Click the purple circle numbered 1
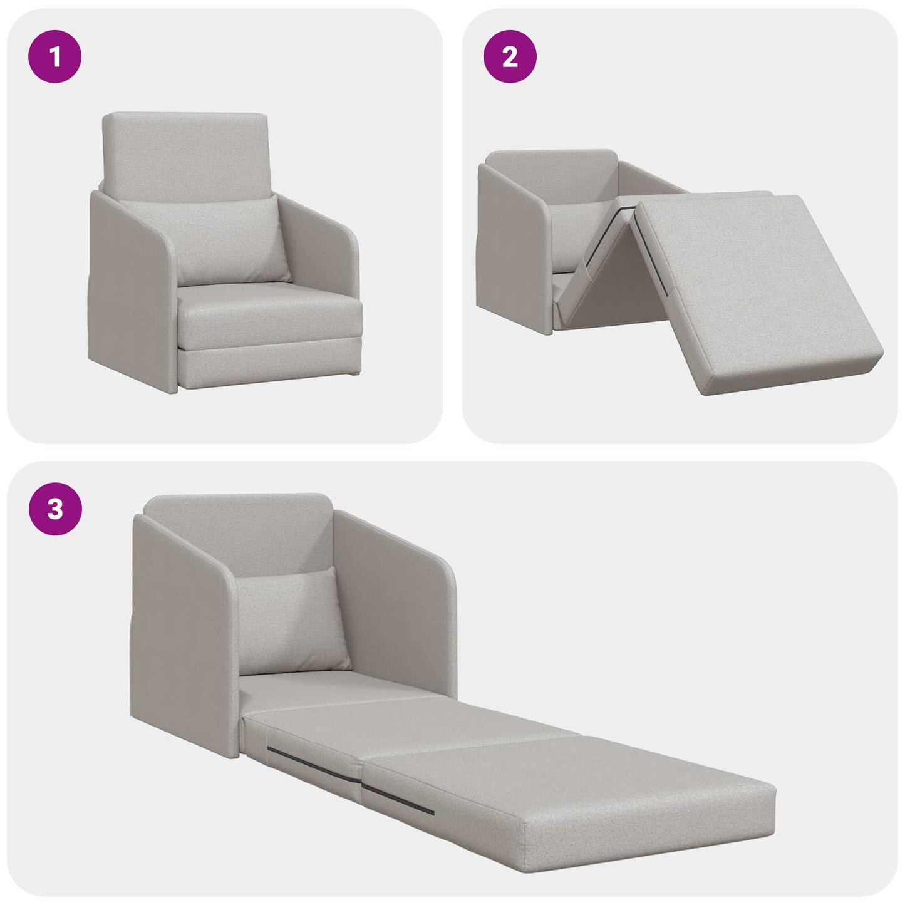pos(55,57)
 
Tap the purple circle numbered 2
pos(510,57)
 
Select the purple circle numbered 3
pos(55,509)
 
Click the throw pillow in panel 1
pos(233,241)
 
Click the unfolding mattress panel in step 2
pos(752,288)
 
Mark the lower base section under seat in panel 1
pos(269,366)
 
